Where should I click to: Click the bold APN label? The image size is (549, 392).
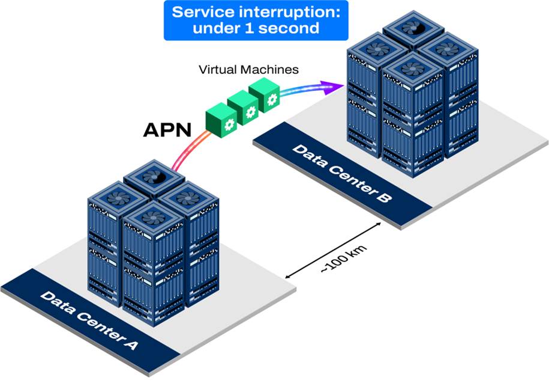(x=168, y=130)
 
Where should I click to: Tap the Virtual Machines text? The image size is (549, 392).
(x=248, y=70)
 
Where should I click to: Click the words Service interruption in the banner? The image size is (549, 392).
(x=256, y=12)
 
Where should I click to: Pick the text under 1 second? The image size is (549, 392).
(x=256, y=28)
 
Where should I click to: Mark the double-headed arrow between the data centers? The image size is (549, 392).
(x=334, y=251)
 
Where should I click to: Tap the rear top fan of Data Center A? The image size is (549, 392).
(x=153, y=177)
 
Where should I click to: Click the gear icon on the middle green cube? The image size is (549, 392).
(x=250, y=111)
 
